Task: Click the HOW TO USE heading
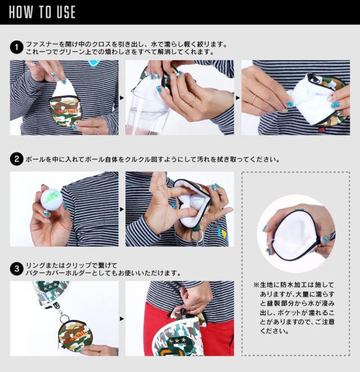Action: (x=42, y=12)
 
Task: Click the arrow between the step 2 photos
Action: (x=122, y=209)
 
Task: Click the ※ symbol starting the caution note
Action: (x=256, y=285)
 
